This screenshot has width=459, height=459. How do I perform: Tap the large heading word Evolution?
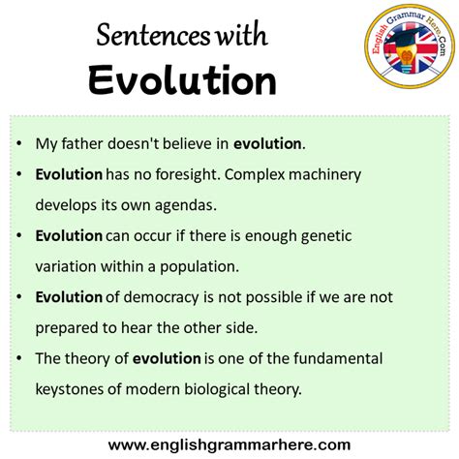tap(182, 79)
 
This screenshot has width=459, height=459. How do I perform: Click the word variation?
tap(69, 265)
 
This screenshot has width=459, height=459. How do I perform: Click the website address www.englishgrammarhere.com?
tap(229, 444)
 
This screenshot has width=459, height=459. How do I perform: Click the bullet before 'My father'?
tap(19, 144)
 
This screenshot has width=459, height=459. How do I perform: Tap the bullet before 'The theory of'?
tap(19, 357)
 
